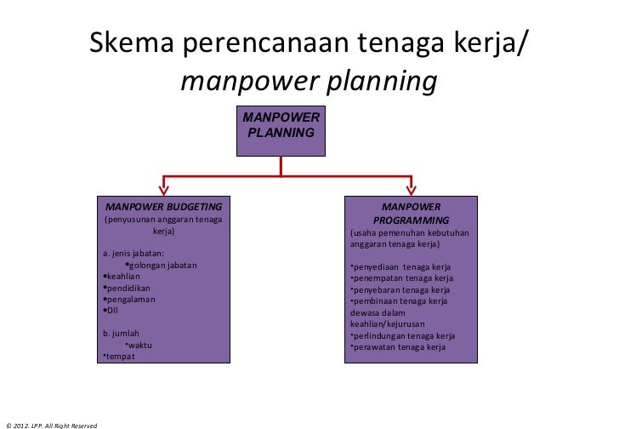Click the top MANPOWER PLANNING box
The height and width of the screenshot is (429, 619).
(281, 131)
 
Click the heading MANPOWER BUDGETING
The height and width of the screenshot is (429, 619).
(162, 207)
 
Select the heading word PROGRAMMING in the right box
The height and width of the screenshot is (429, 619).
(412, 220)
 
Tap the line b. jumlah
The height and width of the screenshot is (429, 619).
(120, 333)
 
